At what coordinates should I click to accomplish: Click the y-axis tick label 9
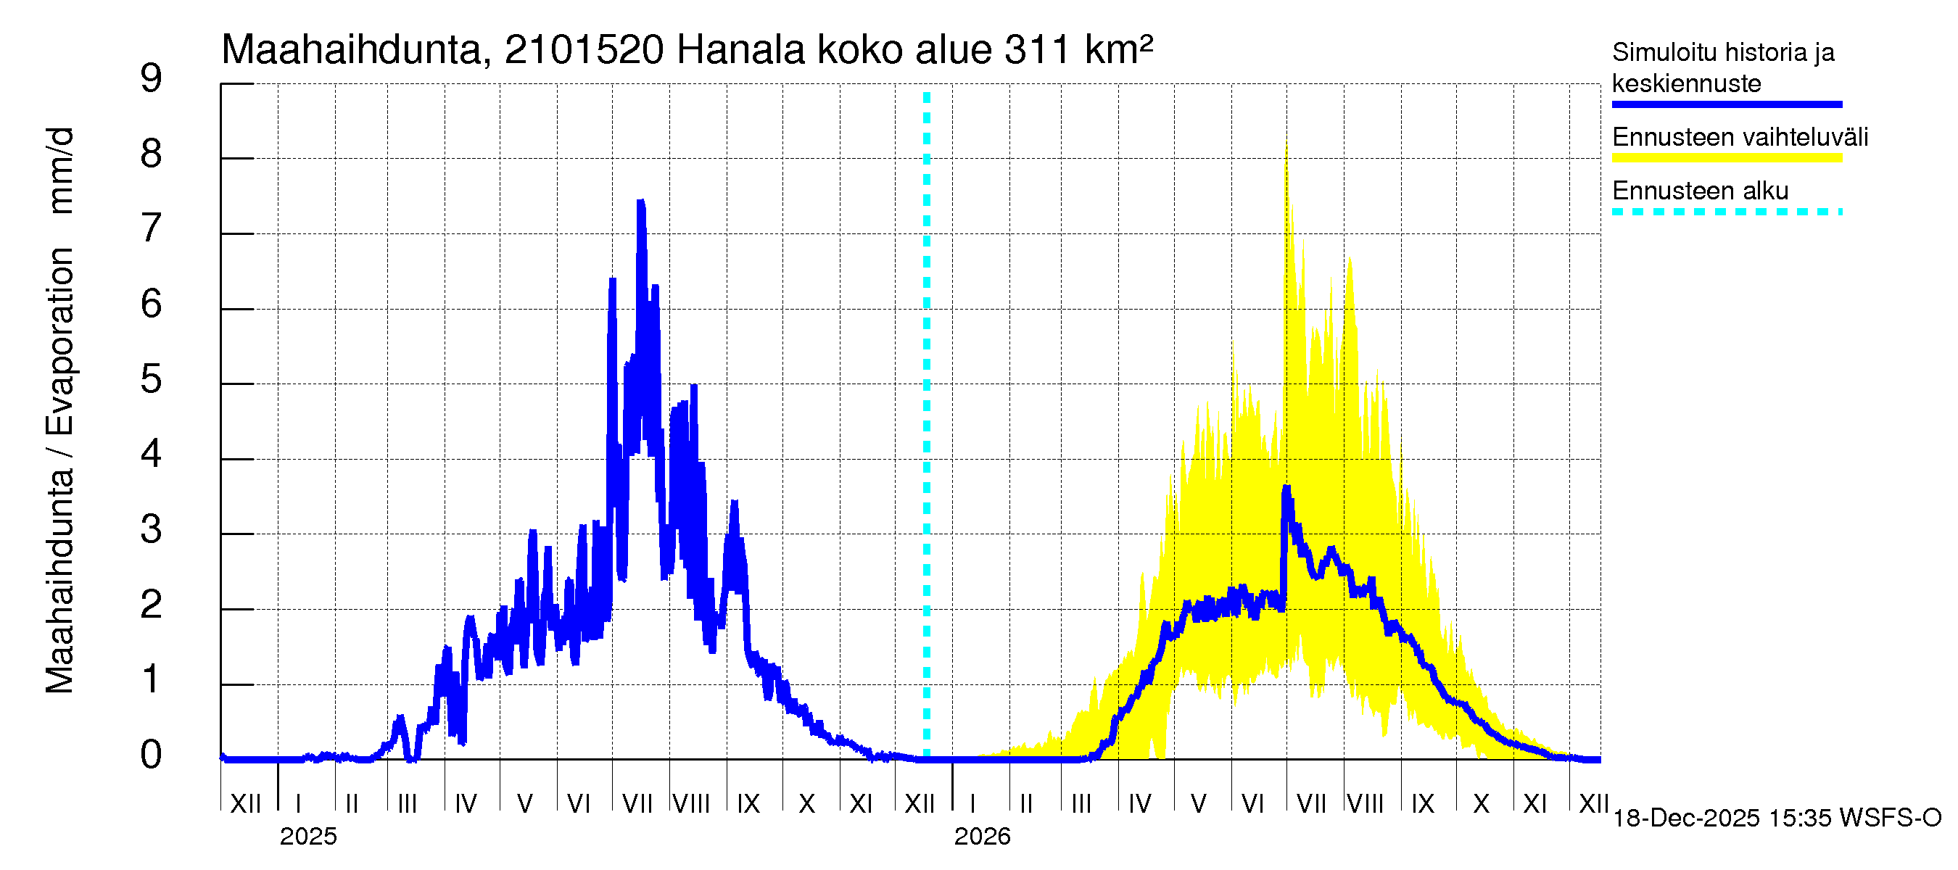(152, 78)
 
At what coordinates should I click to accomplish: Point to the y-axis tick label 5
(152, 379)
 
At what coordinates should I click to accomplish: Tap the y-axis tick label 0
(152, 755)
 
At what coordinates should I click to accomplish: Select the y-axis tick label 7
(152, 228)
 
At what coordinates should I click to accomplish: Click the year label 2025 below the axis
(307, 837)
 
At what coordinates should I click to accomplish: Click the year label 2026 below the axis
(982, 837)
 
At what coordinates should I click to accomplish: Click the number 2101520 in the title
(584, 50)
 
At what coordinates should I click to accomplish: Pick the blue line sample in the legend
(1726, 104)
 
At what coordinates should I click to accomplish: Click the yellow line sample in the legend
(1726, 158)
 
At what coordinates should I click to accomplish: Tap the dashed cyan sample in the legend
(1726, 212)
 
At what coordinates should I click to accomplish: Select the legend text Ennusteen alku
(1701, 191)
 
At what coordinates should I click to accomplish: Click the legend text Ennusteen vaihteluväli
(1740, 138)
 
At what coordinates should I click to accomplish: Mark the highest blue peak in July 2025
(641, 202)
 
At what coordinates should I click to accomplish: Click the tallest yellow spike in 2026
(1286, 144)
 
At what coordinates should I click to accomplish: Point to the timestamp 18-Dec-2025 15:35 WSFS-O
(1776, 819)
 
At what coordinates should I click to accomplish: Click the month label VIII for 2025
(692, 804)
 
